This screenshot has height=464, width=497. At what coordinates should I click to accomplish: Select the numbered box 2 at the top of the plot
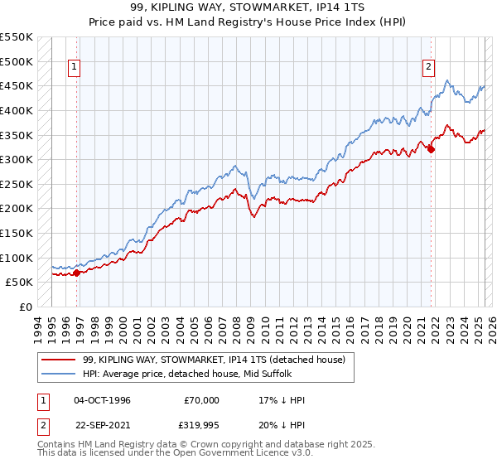click(x=429, y=68)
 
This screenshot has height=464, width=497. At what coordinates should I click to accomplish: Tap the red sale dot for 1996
click(x=76, y=272)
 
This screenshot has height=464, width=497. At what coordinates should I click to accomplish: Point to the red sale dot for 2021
click(x=432, y=149)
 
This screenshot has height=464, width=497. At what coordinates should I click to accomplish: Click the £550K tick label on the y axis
click(x=17, y=37)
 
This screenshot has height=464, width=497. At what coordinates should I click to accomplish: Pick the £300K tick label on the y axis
click(x=17, y=159)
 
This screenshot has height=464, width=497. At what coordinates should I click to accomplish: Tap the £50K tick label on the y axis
click(x=20, y=282)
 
